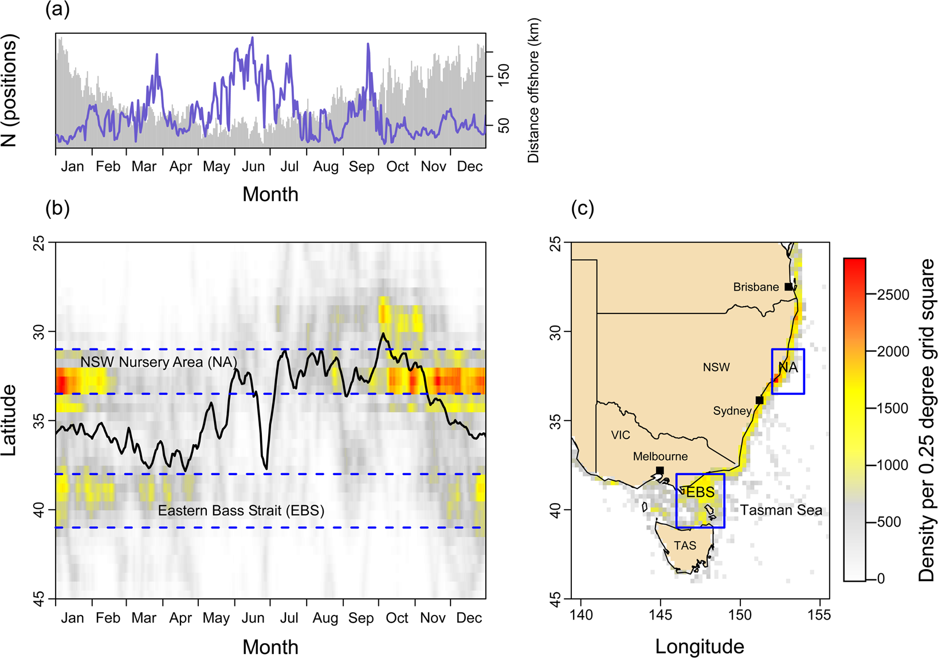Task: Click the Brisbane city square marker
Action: click(788, 287)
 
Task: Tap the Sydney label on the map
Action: click(732, 411)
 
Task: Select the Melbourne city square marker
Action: click(660, 471)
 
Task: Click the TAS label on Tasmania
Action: click(685, 546)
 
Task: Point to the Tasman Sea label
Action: click(780, 510)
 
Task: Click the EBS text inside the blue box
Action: click(700, 492)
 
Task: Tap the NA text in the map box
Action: click(788, 367)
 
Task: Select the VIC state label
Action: click(620, 435)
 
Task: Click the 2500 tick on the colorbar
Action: click(893, 295)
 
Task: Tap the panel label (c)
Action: click(582, 208)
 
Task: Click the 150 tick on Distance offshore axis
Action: click(504, 75)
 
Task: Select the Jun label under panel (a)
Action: click(253, 167)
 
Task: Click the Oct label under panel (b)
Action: click(397, 618)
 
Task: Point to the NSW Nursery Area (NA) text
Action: click(158, 362)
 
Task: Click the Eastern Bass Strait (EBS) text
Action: click(241, 511)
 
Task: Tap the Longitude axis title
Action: click(699, 647)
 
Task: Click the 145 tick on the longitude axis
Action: click(660, 615)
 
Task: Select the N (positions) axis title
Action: click(10, 91)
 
